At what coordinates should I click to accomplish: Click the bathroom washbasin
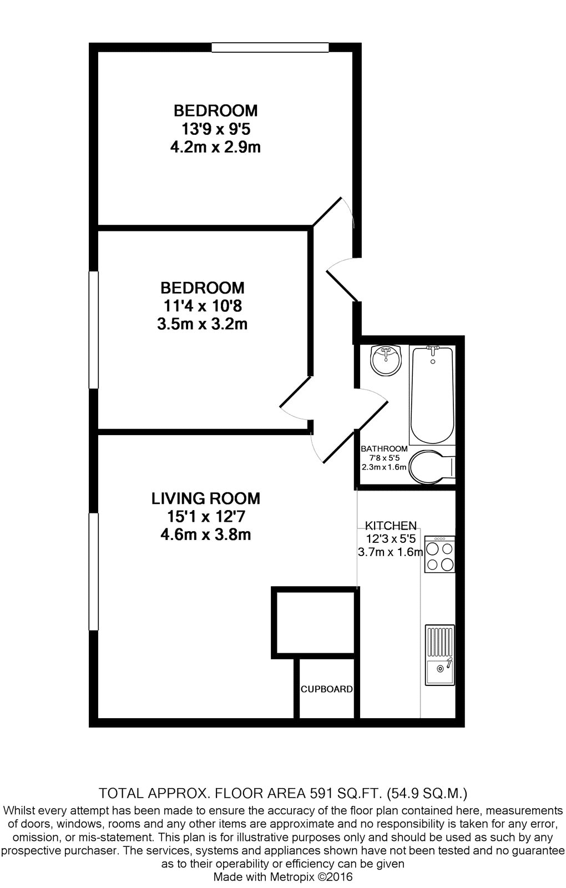386,360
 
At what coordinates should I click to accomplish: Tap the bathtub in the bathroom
432,395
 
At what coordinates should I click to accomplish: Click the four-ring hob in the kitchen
439,554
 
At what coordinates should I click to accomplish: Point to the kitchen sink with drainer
440,655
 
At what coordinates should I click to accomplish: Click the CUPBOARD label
327,689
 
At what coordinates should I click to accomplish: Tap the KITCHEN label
391,526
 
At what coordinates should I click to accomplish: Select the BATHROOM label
384,449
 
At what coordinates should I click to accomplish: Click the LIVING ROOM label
206,498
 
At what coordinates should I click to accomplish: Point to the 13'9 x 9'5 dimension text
216,129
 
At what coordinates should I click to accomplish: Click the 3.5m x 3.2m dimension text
202,324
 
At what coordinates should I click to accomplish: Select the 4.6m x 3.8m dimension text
206,534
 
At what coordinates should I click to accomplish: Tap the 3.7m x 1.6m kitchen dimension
391,552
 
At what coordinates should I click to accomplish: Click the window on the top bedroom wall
270,48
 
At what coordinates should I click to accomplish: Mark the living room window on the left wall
94,572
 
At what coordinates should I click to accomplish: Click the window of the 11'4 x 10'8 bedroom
94,330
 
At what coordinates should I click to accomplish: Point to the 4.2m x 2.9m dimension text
216,147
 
